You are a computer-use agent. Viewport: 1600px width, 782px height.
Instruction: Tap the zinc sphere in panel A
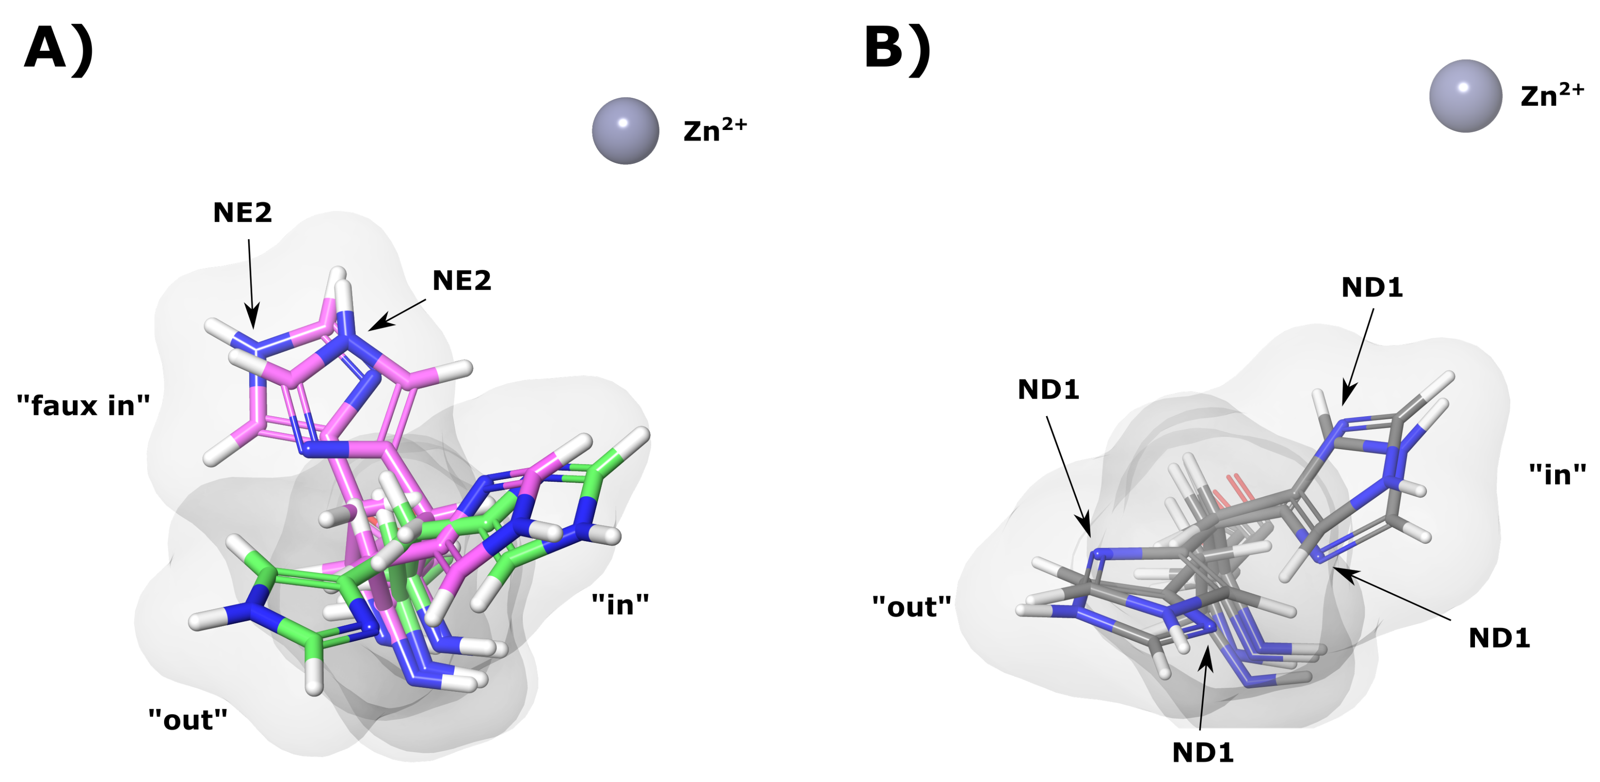pyautogui.click(x=625, y=131)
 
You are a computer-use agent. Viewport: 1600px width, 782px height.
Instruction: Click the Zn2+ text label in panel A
pyautogui.click(x=714, y=130)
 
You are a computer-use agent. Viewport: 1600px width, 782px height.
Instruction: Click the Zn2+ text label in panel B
pyautogui.click(x=1552, y=96)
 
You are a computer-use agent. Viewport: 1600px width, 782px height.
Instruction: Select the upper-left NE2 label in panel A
pyautogui.click(x=242, y=213)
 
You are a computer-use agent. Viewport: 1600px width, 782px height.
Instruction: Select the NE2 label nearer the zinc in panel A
pyautogui.click(x=461, y=281)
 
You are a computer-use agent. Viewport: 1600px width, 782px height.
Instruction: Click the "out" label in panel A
pyautogui.click(x=188, y=720)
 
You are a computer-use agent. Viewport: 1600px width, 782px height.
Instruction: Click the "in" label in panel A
pyautogui.click(x=620, y=604)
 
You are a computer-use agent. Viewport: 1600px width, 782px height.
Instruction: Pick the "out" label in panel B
pyautogui.click(x=911, y=606)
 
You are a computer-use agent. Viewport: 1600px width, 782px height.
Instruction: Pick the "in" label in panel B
pyautogui.click(x=1557, y=475)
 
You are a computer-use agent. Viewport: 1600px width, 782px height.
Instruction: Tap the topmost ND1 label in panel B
pyautogui.click(x=1372, y=288)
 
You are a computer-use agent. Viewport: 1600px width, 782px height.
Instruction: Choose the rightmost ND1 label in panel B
pyautogui.click(x=1499, y=638)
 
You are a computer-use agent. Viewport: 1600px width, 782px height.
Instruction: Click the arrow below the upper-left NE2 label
pyautogui.click(x=251, y=283)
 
